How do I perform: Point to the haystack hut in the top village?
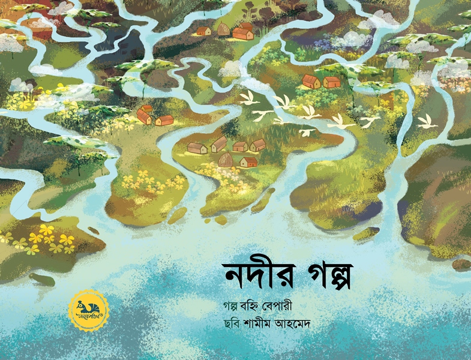click(x=223, y=29)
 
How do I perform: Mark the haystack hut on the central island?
click(x=226, y=160)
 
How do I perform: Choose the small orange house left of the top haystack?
click(x=204, y=31)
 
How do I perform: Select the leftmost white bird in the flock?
click(x=248, y=98)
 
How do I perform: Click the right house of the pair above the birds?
click(x=332, y=82)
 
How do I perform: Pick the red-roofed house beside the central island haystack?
click(x=248, y=161)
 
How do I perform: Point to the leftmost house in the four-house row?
click(x=197, y=148)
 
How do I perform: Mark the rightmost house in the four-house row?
click(x=257, y=145)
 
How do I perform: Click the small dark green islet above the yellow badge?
click(x=42, y=280)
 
